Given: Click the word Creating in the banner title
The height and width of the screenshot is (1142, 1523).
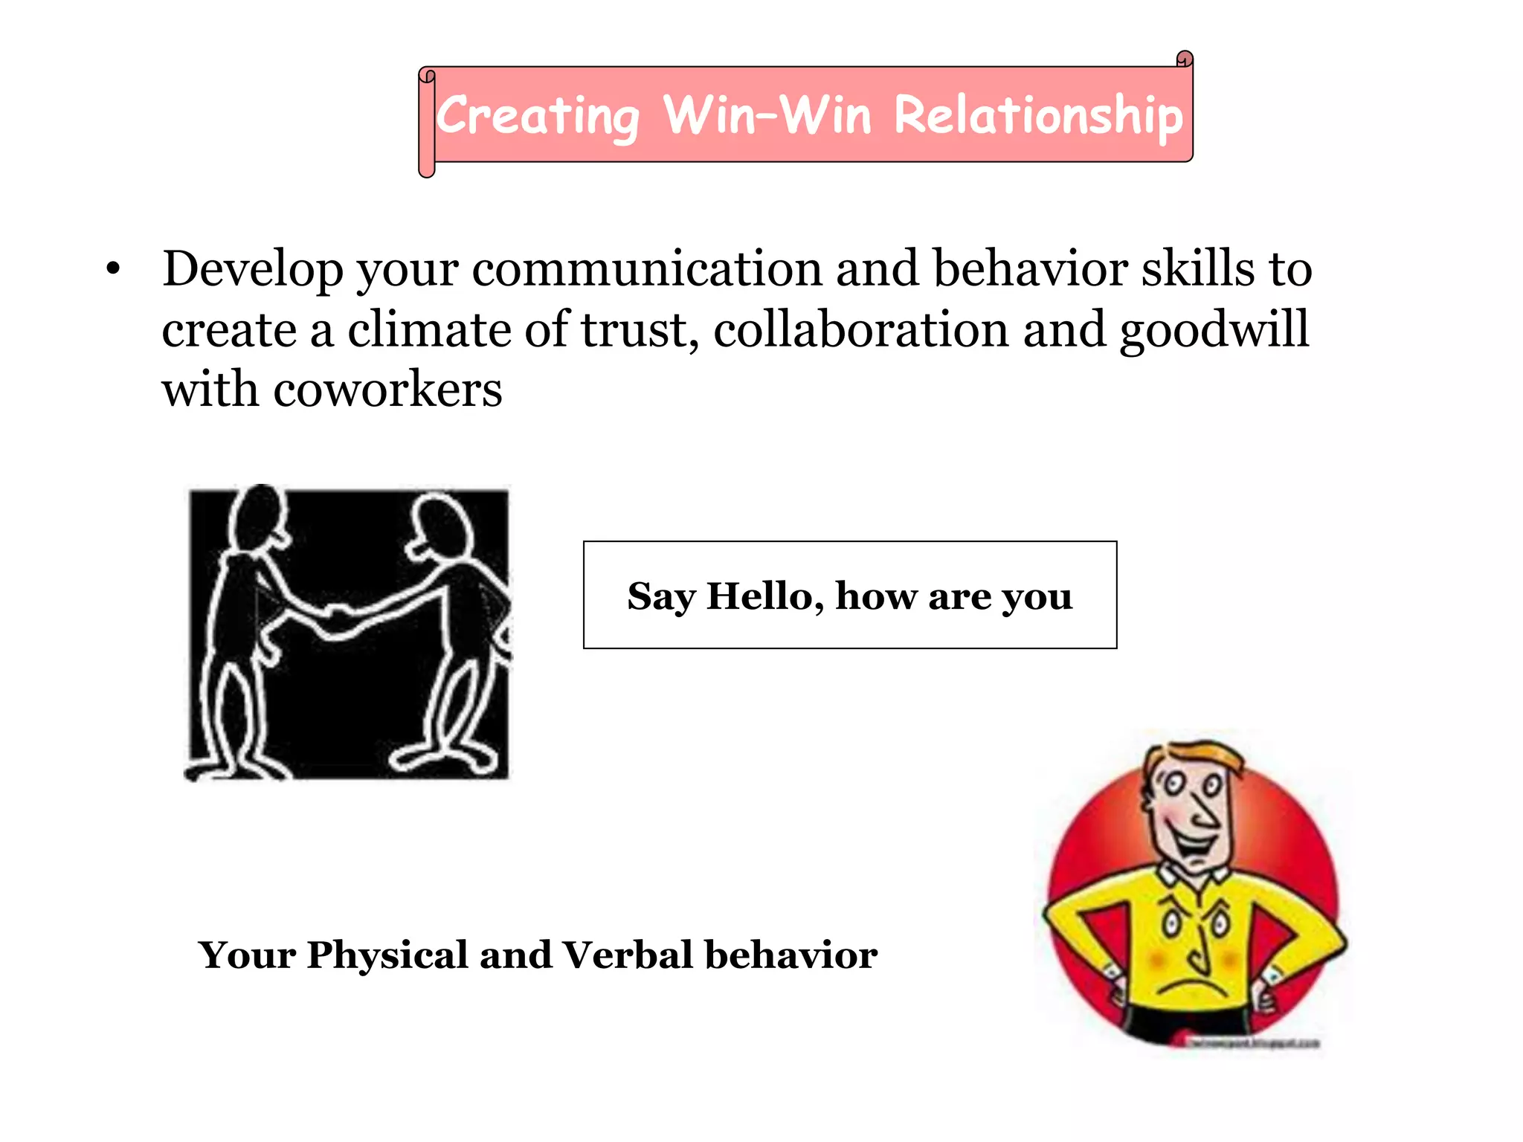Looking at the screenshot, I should click(x=537, y=117).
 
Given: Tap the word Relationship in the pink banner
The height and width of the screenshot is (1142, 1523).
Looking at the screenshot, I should click(x=1037, y=117).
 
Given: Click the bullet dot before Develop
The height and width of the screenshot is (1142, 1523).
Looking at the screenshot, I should click(x=113, y=269).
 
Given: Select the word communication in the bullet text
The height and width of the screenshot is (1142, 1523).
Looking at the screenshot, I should click(x=647, y=269).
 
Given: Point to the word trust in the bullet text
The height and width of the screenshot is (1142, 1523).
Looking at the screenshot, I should click(x=634, y=329).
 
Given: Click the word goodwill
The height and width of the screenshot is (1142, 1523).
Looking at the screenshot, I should click(x=1214, y=331).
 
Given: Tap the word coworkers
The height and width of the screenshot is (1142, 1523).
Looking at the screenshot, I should click(x=387, y=390).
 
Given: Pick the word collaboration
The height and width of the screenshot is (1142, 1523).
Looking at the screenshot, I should click(x=860, y=329).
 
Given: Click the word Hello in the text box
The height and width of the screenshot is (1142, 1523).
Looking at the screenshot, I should click(x=764, y=596).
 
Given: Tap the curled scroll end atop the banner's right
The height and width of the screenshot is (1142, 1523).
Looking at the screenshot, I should click(x=1185, y=59).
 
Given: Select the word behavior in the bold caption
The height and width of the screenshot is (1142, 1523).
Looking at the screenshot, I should click(x=791, y=955).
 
